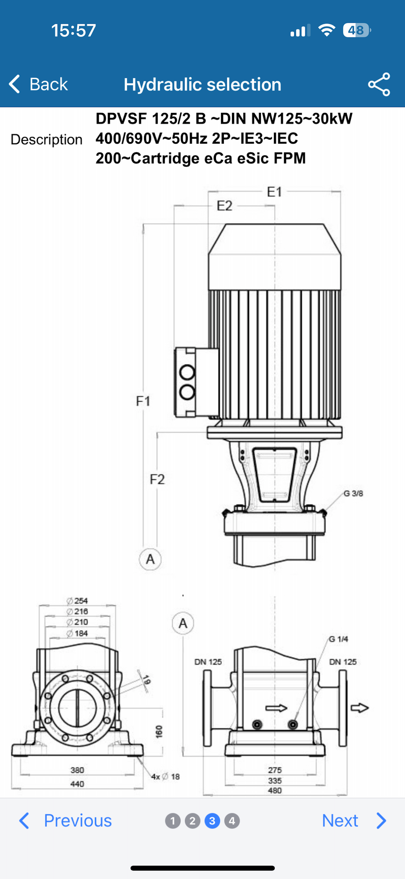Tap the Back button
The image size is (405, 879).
[38, 84]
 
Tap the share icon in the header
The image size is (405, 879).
[379, 84]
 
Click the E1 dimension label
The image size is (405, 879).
[274, 192]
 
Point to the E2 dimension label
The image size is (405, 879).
[225, 206]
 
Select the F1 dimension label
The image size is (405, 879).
[143, 401]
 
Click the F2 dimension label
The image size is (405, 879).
[157, 479]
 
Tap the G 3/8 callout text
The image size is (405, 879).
[353, 493]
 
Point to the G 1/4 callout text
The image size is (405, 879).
[338, 639]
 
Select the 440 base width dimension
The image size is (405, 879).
[77, 784]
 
